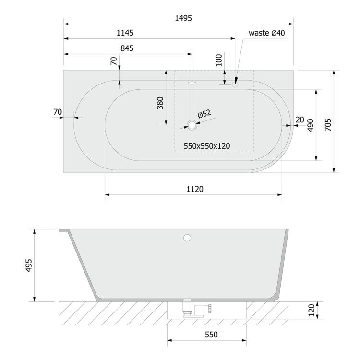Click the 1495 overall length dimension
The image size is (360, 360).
183,18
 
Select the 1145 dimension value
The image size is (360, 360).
125,33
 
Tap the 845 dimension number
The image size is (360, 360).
127,48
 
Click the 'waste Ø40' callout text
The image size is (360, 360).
266,33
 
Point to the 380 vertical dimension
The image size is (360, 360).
160,103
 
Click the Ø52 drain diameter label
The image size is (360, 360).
204,114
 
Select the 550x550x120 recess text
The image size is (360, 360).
207,146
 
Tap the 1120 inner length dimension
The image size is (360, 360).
195,189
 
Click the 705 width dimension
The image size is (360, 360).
328,125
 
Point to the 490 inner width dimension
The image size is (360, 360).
311,125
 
